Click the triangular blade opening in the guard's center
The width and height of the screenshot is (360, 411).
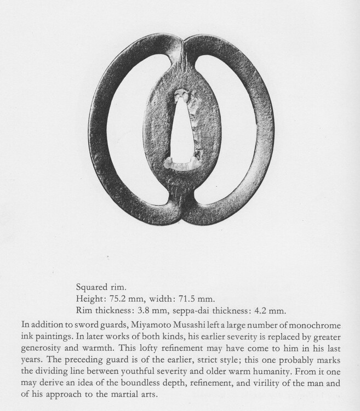pyautogui.click(x=181, y=134)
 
